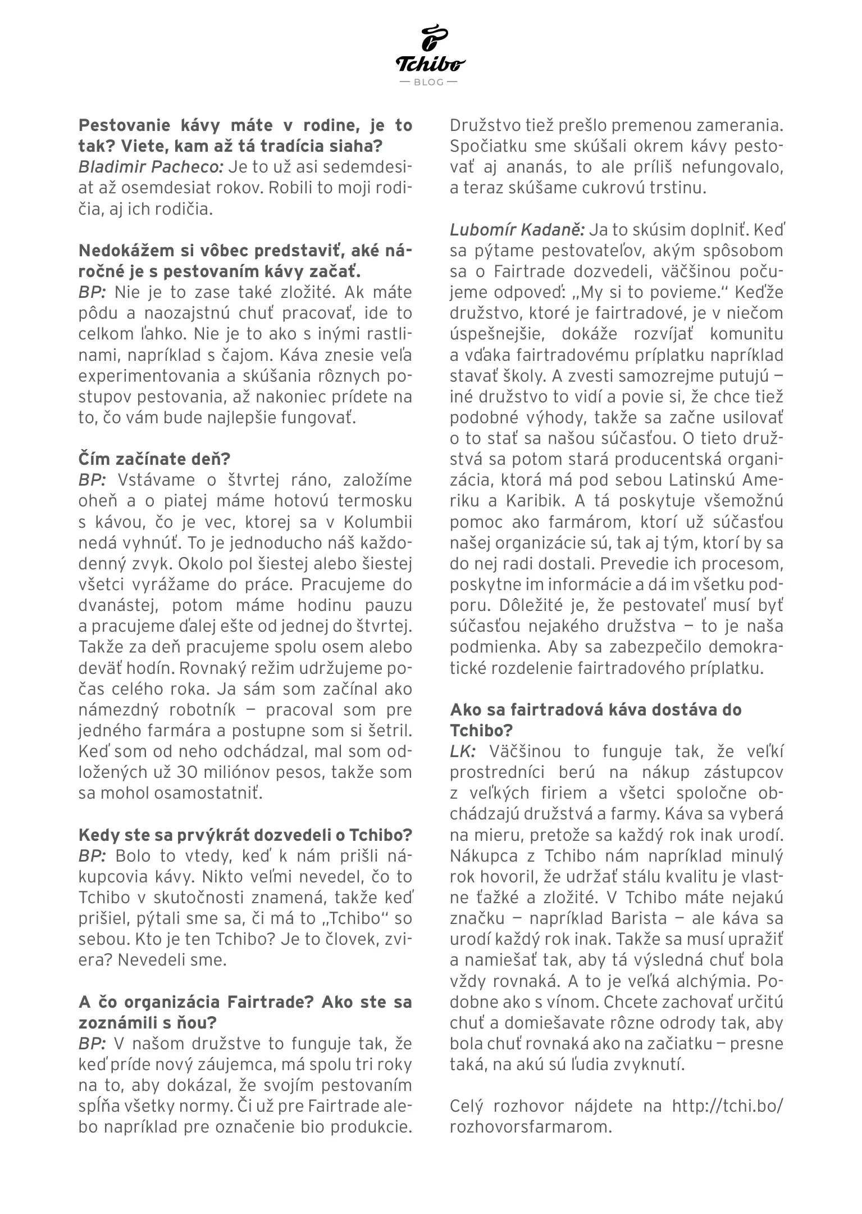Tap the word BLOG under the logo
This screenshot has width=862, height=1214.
coord(428,82)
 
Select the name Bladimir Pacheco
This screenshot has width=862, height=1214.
coord(151,167)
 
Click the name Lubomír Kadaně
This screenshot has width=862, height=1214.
coord(517,230)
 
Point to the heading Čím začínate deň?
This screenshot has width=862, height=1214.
coord(154,459)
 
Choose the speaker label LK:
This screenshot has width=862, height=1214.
coord(463,751)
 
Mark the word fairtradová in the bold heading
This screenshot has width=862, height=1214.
coord(540,709)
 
